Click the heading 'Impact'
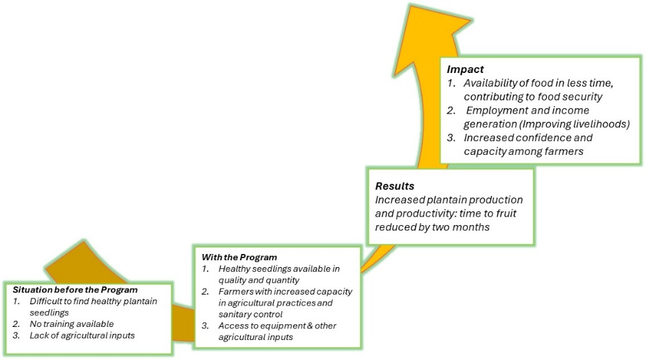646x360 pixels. point(465,70)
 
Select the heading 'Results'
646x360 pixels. point(394,186)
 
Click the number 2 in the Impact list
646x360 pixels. point(451,110)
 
